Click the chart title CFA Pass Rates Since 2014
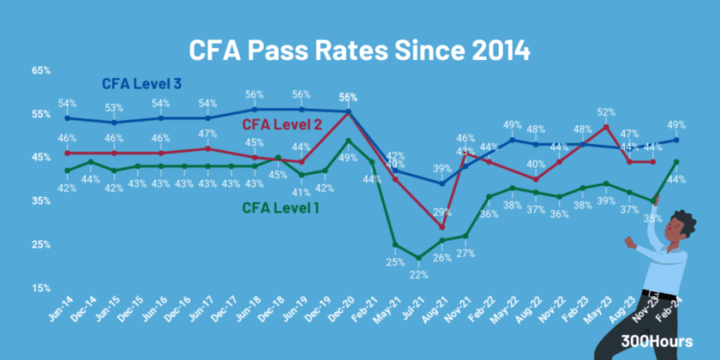pyautogui.click(x=359, y=49)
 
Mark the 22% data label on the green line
pyautogui.click(x=418, y=274)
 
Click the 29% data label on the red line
pyautogui.click(x=442, y=212)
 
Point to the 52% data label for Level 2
pyautogui.click(x=606, y=112)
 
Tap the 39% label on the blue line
pyautogui.click(x=442, y=169)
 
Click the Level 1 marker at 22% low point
pyautogui.click(x=418, y=258)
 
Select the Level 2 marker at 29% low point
pyautogui.click(x=441, y=227)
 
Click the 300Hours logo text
pyautogui.click(x=657, y=341)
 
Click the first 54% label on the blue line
pyautogui.click(x=68, y=104)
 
